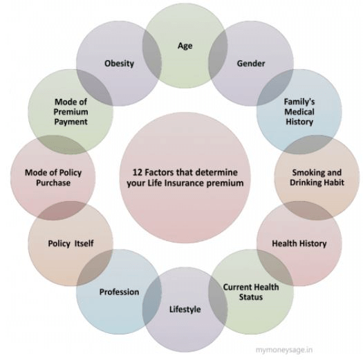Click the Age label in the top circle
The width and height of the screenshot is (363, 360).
(185, 46)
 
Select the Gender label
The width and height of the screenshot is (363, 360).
(251, 64)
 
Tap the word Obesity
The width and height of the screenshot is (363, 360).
(119, 64)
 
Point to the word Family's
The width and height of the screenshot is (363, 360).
(299, 102)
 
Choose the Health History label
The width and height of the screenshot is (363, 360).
(299, 243)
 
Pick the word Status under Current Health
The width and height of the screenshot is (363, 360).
(251, 297)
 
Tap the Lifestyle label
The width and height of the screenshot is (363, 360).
(185, 310)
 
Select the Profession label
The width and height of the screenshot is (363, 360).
(119, 292)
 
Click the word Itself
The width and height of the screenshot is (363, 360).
(84, 243)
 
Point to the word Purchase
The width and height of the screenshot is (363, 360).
(53, 183)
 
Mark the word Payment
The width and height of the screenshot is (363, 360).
(71, 122)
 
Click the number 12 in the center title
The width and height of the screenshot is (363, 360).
(137, 172)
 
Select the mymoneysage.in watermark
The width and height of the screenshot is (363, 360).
(284, 350)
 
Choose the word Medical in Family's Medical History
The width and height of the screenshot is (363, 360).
(299, 112)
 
